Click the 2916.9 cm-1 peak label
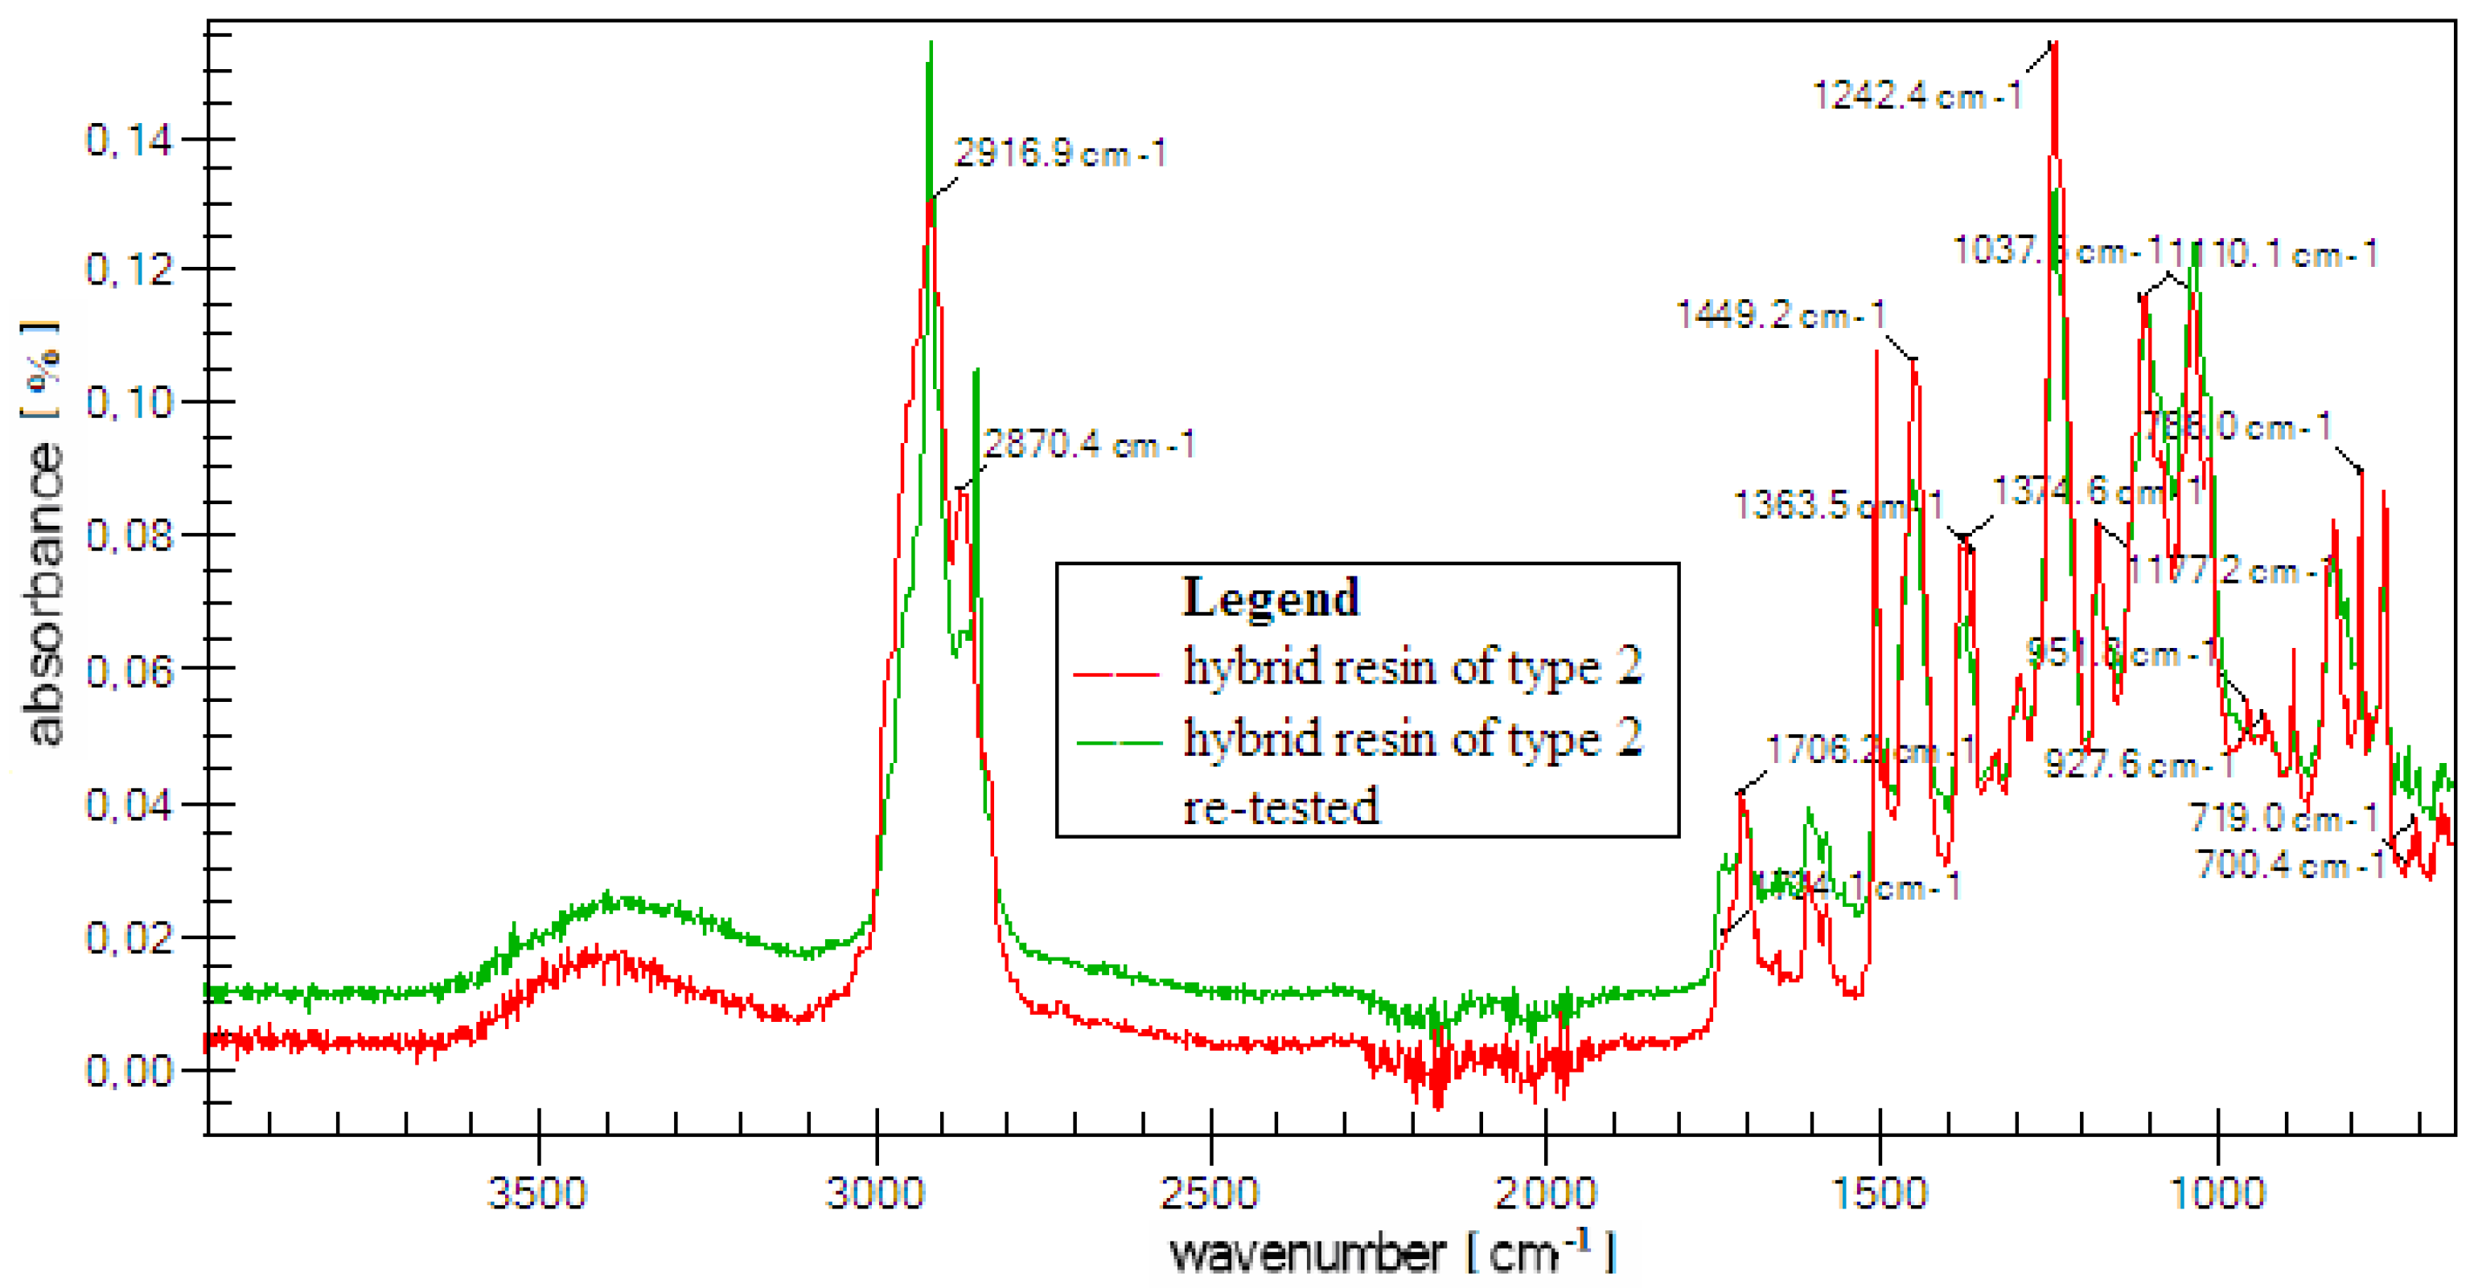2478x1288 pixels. (1059, 153)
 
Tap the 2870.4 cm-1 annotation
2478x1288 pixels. (1088, 445)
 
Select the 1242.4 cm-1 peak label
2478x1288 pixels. (1917, 95)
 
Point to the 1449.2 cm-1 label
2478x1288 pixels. (1780, 314)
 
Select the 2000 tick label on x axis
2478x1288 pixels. (1545, 1194)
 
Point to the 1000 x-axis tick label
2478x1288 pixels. (2218, 1194)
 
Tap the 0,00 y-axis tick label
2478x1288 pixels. (128, 1069)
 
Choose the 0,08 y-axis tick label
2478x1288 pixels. (128, 535)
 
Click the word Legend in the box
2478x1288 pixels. (1270, 597)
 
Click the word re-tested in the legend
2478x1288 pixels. (1280, 806)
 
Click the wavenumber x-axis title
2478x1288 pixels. (1309, 1253)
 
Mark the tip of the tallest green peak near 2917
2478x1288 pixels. (931, 43)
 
